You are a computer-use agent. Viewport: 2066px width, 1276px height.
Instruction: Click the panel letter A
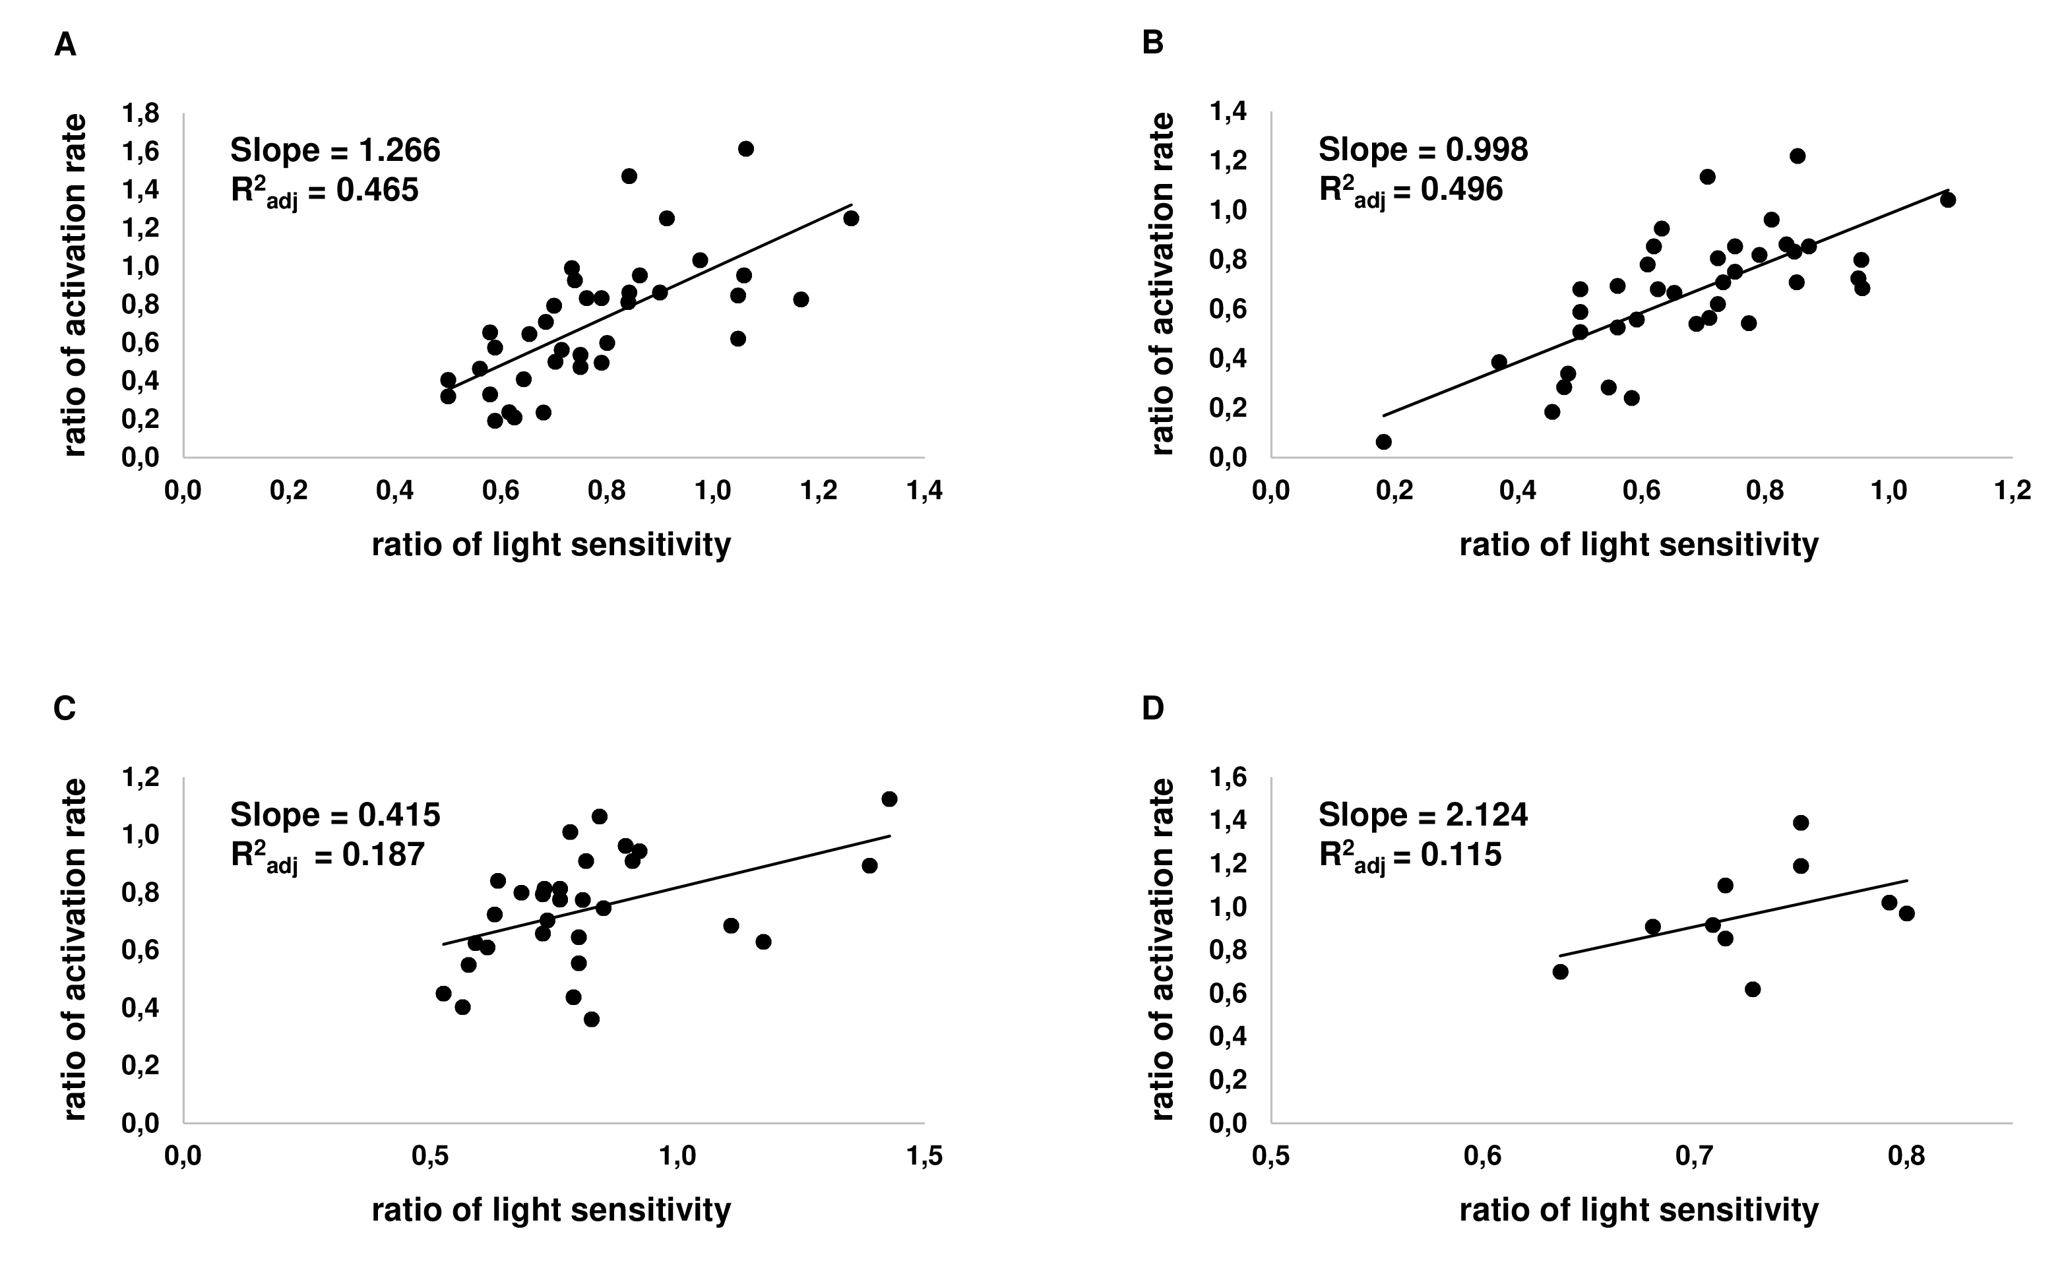tap(65, 45)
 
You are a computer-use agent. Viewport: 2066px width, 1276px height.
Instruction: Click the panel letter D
tap(1153, 709)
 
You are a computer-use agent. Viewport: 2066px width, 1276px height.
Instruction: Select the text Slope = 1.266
tap(335, 150)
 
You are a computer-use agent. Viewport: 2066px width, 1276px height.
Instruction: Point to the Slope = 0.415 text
tap(335, 815)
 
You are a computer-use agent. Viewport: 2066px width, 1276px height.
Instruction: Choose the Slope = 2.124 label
tap(1423, 815)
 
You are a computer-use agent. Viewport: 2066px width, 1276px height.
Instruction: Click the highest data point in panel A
tap(746, 148)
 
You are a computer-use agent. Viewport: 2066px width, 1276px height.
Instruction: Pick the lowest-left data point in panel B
tap(1383, 441)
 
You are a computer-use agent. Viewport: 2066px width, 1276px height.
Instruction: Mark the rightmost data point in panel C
tap(889, 799)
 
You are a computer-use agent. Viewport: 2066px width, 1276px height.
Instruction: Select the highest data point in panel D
tap(1800, 823)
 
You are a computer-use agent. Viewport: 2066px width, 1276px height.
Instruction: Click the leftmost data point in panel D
tap(1561, 971)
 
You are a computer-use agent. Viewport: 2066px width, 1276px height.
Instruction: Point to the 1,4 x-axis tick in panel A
tap(924, 491)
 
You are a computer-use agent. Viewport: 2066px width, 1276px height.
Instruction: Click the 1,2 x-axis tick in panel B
tap(2012, 491)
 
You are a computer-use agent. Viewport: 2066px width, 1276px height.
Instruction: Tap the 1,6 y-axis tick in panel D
tap(1229, 777)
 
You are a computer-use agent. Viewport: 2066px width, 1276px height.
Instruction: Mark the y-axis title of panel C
tap(75, 950)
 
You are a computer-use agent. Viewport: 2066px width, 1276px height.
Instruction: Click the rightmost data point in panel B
tap(1948, 200)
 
